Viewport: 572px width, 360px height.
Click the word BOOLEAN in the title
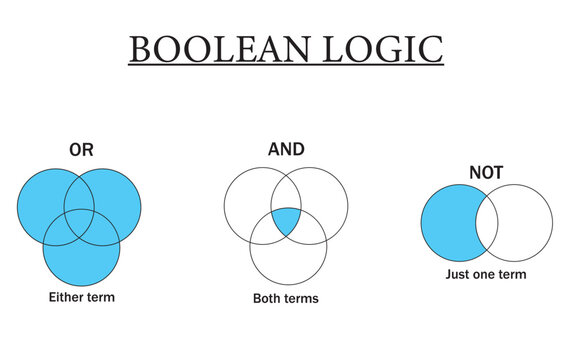click(x=218, y=48)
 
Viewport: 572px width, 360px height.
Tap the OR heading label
click(x=81, y=151)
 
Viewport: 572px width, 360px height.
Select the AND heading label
click(x=286, y=150)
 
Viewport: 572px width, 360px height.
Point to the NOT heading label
click(x=486, y=173)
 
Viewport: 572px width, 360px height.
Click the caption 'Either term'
click(x=81, y=297)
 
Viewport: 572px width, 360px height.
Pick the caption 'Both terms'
click(x=287, y=298)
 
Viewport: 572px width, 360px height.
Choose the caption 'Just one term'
click(x=486, y=274)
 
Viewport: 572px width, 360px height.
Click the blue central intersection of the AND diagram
click(x=286, y=221)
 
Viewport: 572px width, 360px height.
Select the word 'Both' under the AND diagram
click(x=269, y=298)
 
